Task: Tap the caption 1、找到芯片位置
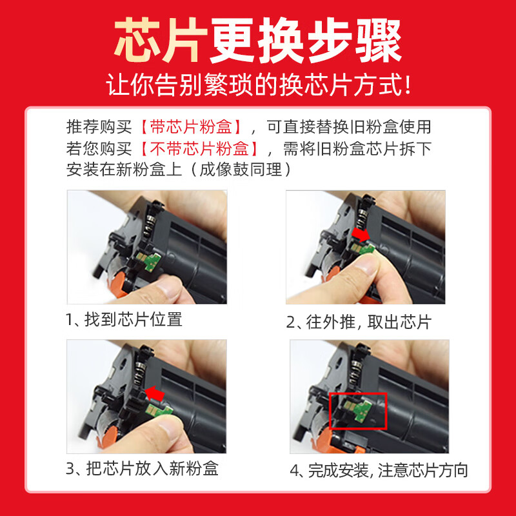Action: (124, 319)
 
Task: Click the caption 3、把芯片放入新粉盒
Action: (143, 468)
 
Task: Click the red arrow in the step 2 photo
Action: (361, 235)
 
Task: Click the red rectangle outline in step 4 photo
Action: (358, 411)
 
